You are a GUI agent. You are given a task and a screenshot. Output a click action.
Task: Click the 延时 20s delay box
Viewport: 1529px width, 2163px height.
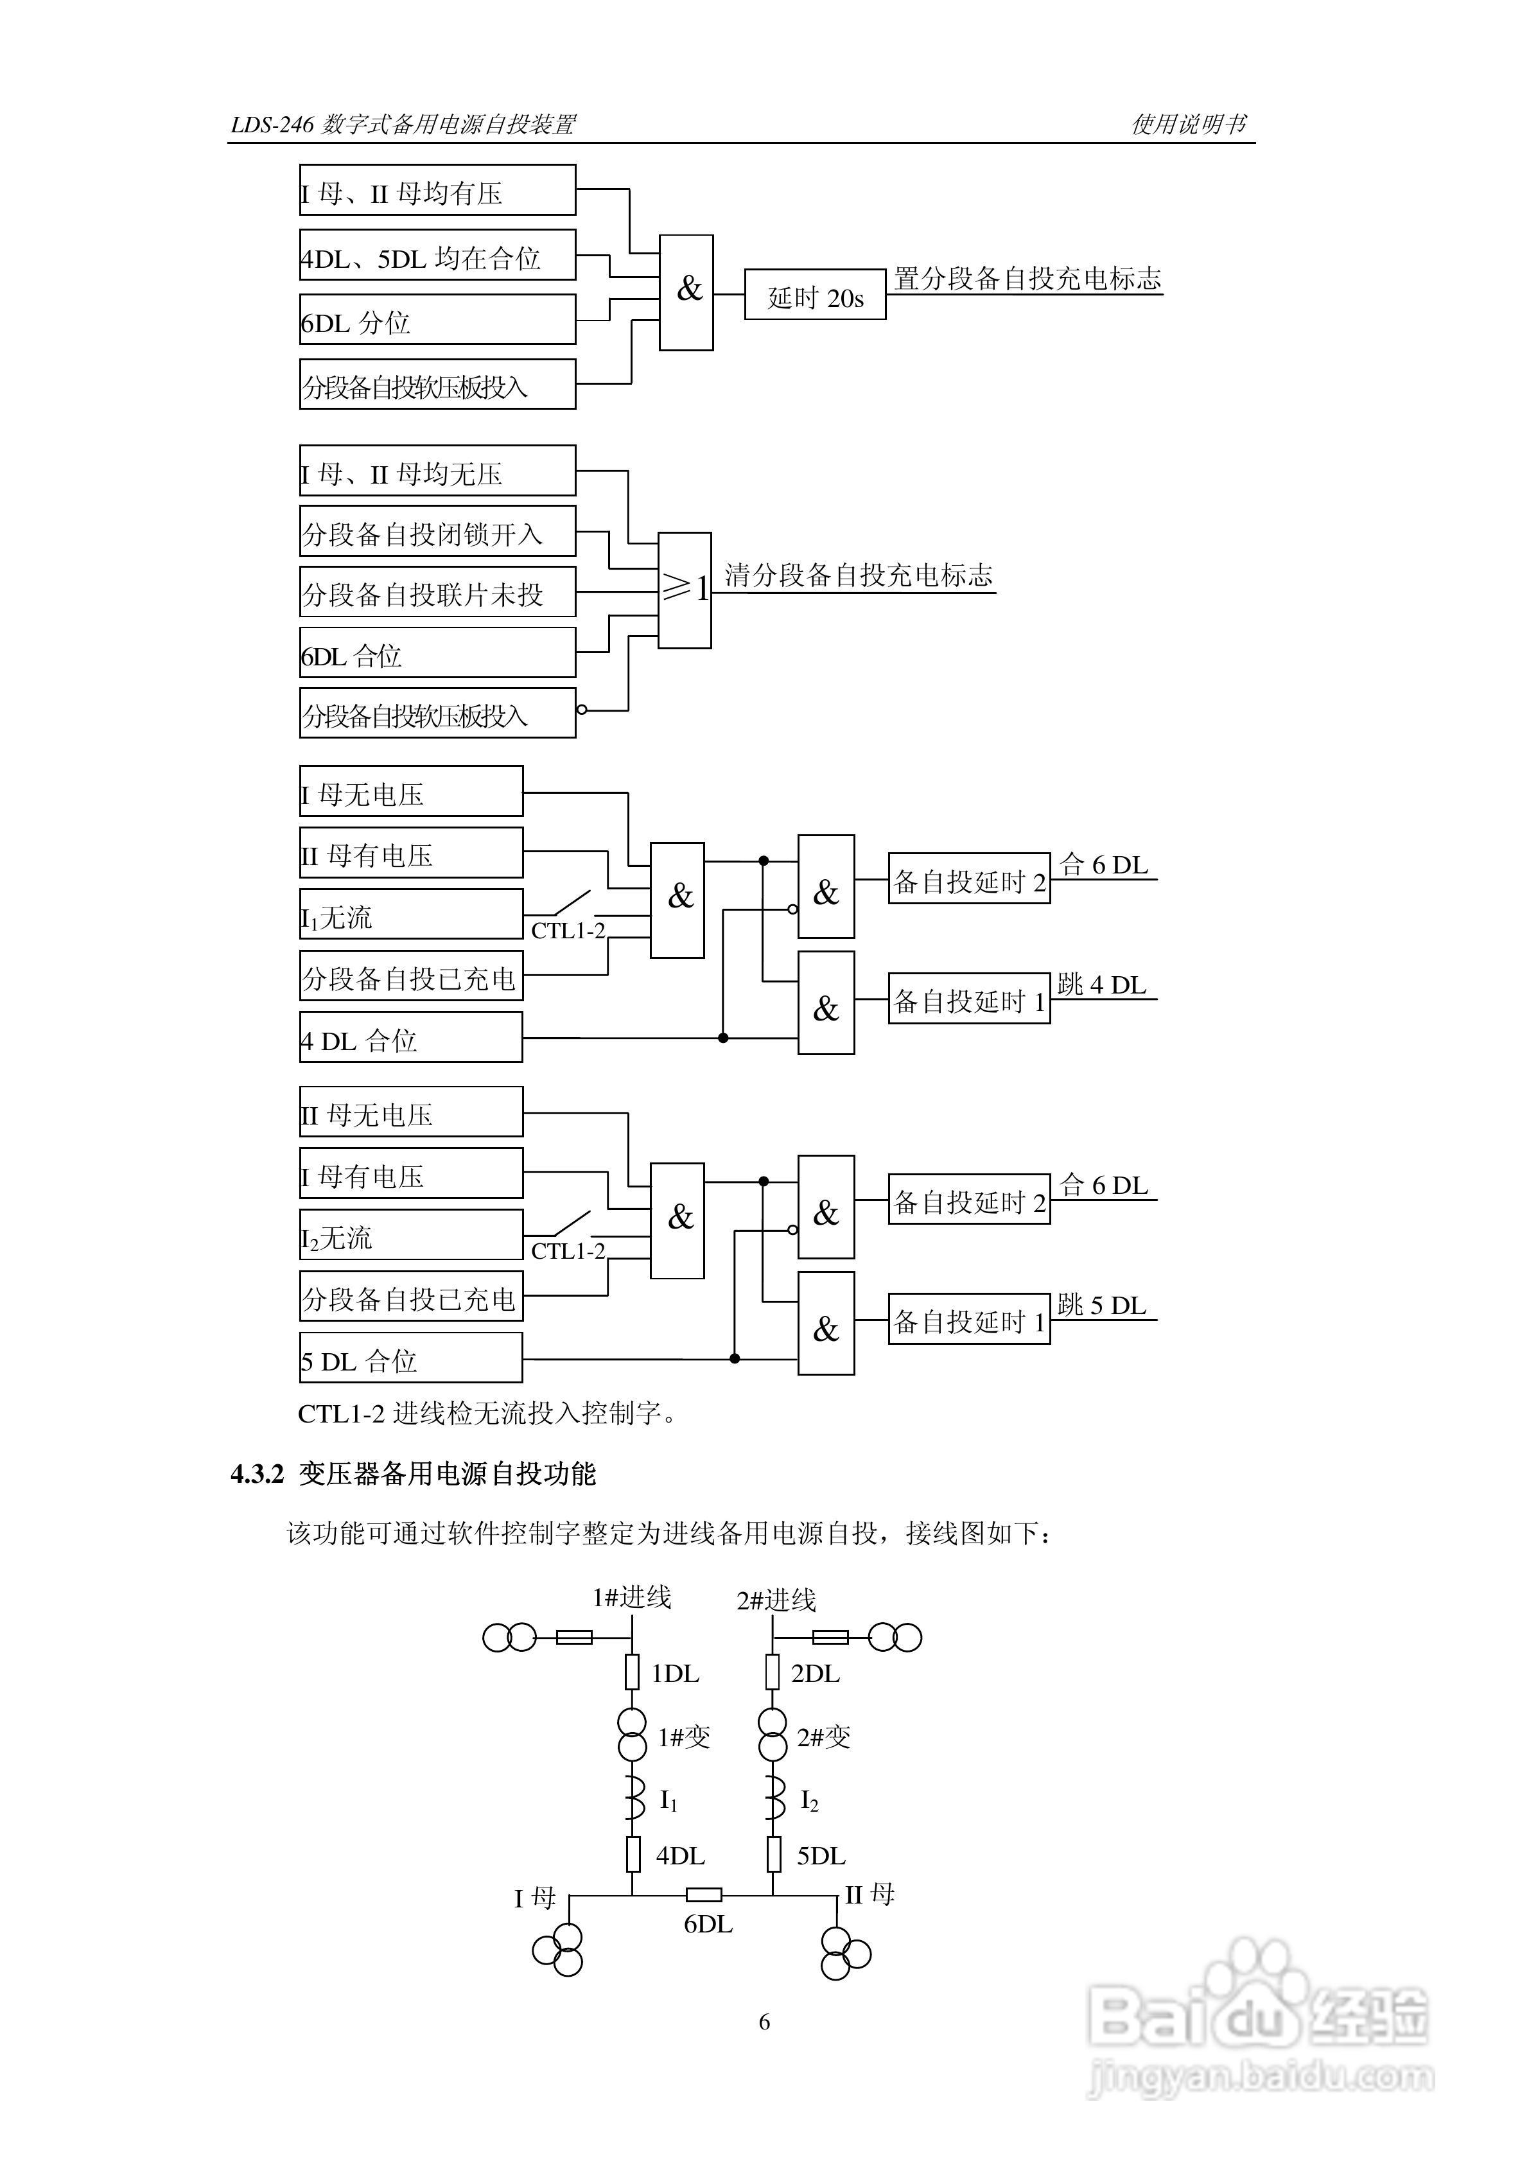pos(815,295)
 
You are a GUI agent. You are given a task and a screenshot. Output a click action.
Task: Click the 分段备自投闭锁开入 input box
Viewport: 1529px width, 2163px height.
pos(437,531)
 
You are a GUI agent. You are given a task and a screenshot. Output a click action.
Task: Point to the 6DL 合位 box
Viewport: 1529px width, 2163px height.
pos(437,653)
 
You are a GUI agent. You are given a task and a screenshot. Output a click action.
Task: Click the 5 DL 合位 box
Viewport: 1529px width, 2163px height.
pos(411,1358)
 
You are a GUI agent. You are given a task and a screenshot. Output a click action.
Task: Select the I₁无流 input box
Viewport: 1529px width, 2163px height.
pos(411,915)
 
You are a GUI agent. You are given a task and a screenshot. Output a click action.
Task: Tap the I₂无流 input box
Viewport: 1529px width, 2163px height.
pos(411,1235)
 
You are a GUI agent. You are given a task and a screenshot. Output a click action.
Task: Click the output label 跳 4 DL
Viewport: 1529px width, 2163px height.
pos(1101,985)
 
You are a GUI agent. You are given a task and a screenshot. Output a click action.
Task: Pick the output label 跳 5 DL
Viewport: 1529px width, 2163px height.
pos(1101,1306)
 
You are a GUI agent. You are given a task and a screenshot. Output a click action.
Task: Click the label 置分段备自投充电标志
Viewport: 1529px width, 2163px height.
pos(1027,279)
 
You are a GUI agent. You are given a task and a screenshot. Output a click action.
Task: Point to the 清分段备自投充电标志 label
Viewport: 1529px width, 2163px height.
pos(858,575)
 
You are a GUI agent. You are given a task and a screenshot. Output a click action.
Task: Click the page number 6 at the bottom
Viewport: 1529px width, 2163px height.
pos(764,2022)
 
